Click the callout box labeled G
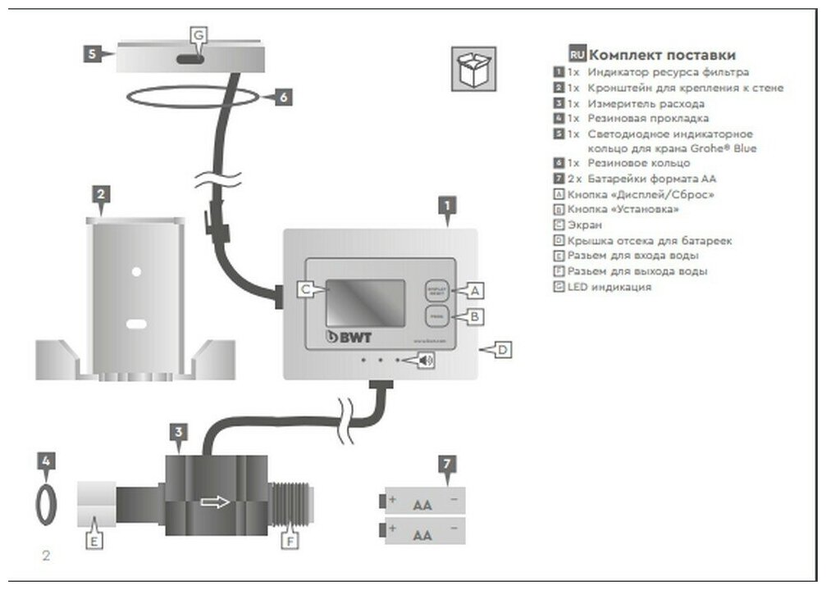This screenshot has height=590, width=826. click(x=199, y=35)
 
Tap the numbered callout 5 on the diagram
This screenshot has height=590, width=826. click(x=93, y=53)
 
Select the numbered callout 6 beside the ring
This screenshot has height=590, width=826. click(x=281, y=97)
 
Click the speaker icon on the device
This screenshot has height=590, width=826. click(x=426, y=359)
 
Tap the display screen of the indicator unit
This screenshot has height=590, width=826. click(x=366, y=303)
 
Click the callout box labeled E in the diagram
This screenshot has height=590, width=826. click(x=94, y=541)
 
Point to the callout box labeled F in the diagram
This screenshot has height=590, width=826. click(x=288, y=541)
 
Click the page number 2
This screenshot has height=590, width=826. click(x=47, y=556)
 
